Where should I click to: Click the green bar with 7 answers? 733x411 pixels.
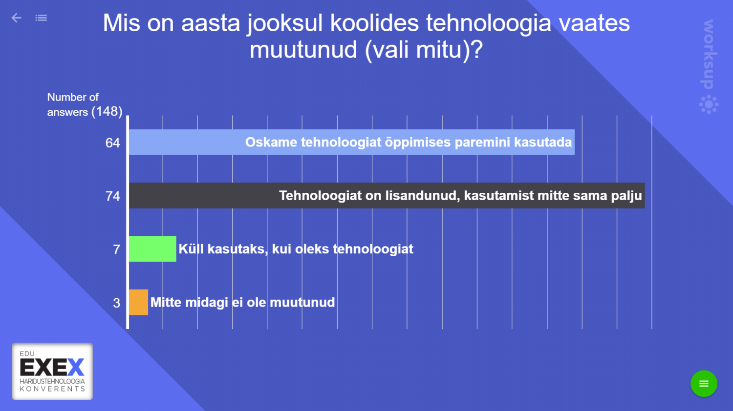coord(152,249)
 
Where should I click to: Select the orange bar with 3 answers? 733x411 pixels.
coord(138,302)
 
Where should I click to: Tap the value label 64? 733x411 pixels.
coord(112,143)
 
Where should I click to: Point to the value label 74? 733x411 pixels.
coord(112,196)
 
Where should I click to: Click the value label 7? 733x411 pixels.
coord(116,250)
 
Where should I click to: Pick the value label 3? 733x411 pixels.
coord(116,303)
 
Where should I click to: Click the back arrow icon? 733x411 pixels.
coord(16,18)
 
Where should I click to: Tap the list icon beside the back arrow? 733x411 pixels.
coord(41,18)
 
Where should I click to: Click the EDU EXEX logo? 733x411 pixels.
coord(52,371)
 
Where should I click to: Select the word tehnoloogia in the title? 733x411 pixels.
coord(488,23)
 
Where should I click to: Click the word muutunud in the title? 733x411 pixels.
coord(303,50)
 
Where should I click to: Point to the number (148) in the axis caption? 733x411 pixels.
coord(107,112)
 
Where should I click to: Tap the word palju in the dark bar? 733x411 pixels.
coord(626,196)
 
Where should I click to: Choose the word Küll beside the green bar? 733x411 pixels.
coord(191,249)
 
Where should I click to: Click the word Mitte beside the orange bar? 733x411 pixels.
coord(166,302)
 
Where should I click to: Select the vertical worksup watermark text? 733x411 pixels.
coord(709,54)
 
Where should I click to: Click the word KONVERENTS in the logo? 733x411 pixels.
coord(52,389)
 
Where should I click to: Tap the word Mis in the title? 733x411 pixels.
coord(121,23)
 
